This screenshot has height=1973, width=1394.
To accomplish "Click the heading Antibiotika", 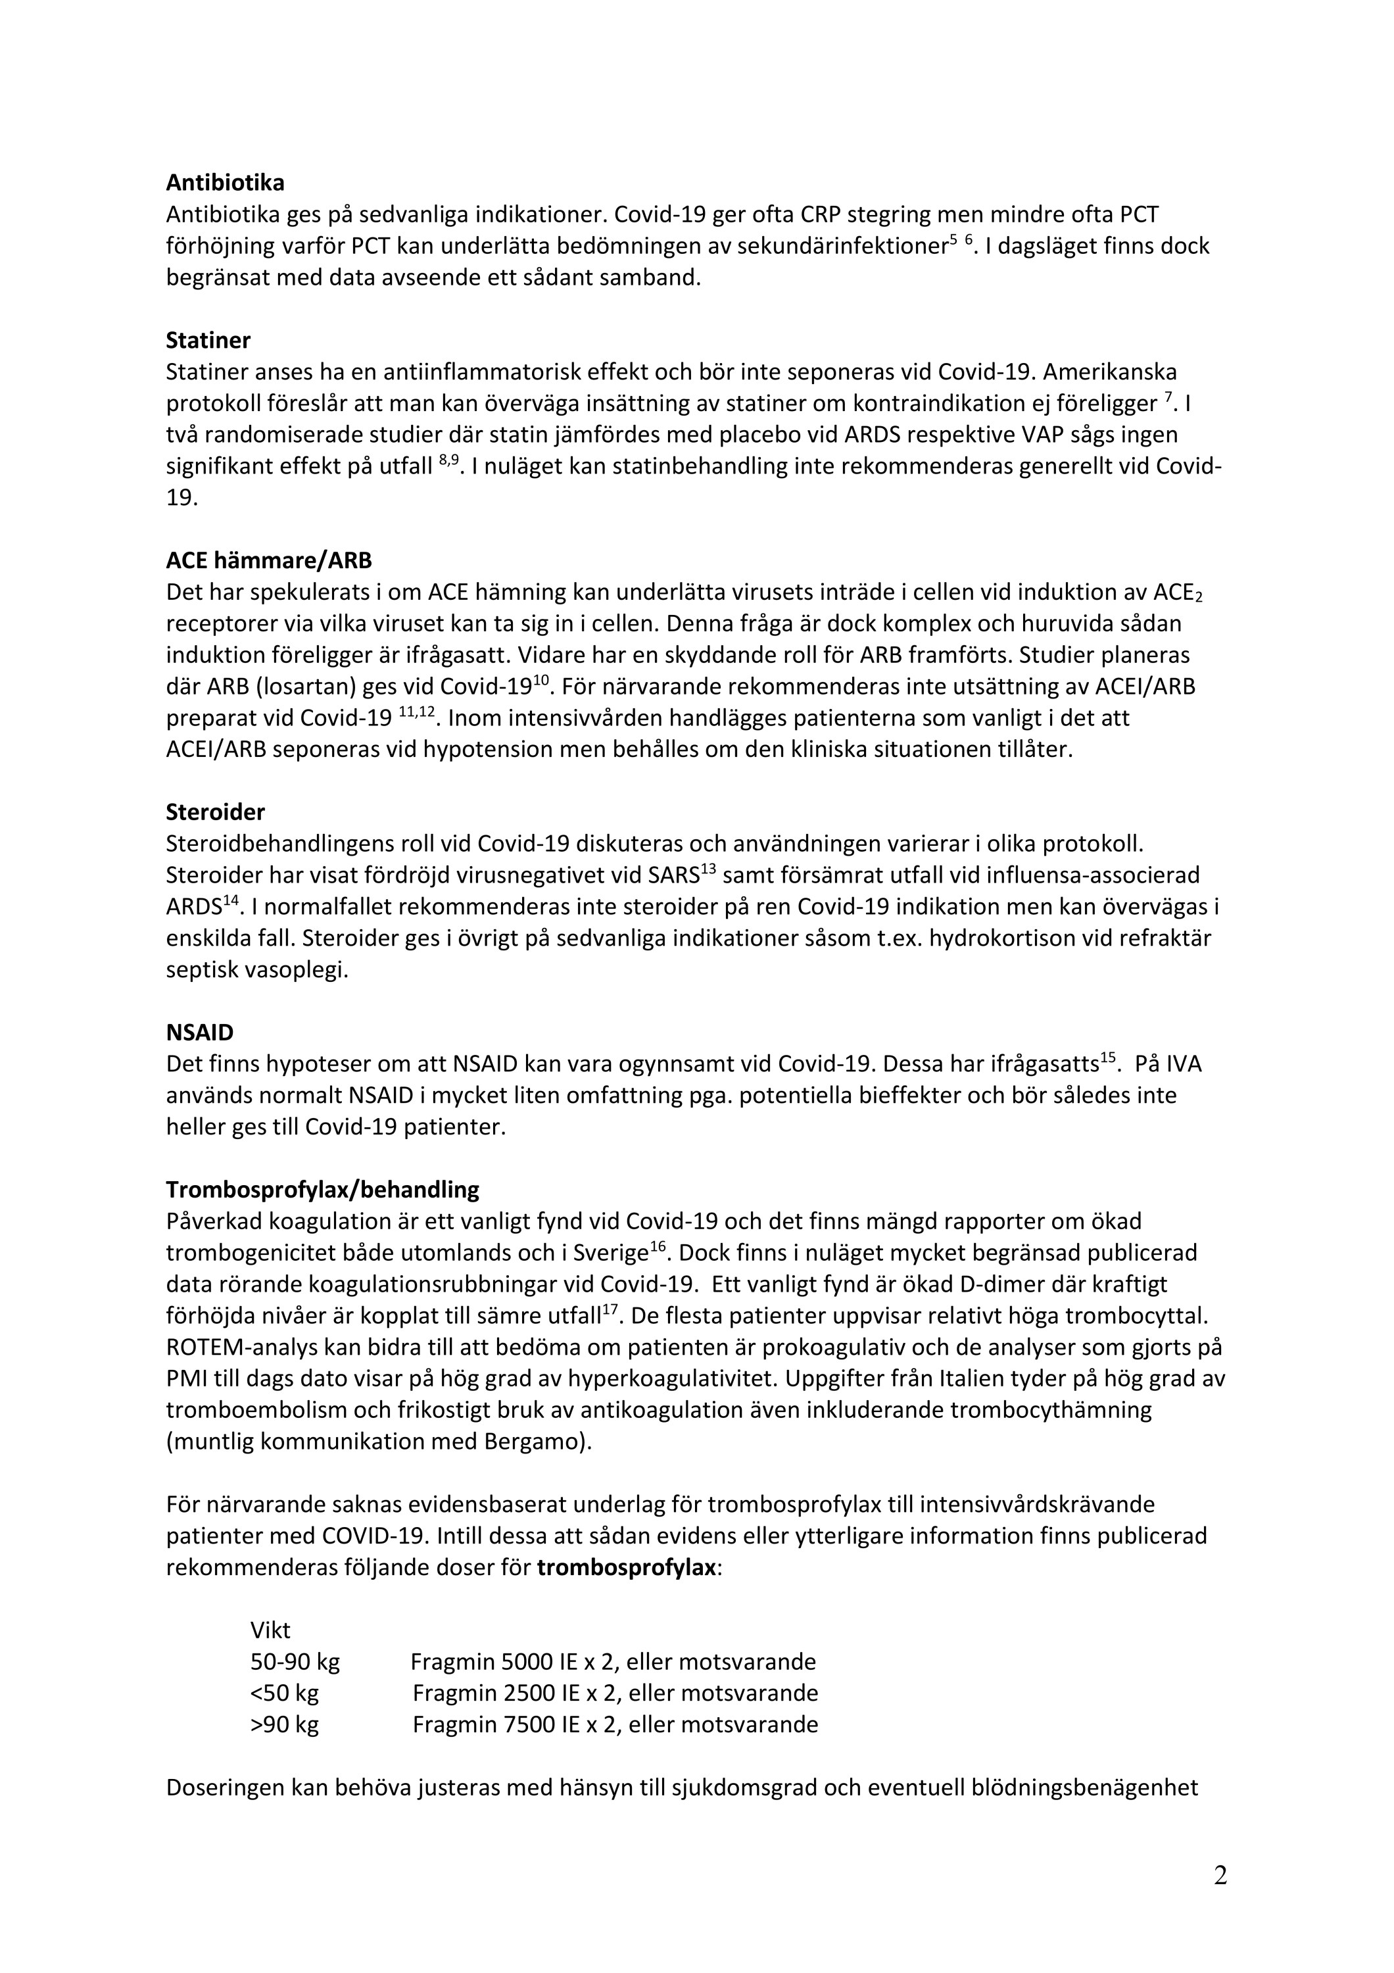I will [x=225, y=183].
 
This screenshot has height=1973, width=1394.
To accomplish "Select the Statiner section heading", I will [x=208, y=340].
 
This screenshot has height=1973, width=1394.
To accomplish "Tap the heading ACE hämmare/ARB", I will [x=269, y=561].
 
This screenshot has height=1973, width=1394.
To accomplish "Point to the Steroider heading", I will [x=216, y=812].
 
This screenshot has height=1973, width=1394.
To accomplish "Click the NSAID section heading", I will [x=200, y=1032].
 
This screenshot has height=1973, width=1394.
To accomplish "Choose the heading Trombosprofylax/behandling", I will [x=323, y=1190].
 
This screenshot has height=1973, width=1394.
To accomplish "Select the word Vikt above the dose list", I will [x=270, y=1631].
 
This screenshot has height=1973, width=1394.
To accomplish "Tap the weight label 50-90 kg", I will [x=295, y=1662].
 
